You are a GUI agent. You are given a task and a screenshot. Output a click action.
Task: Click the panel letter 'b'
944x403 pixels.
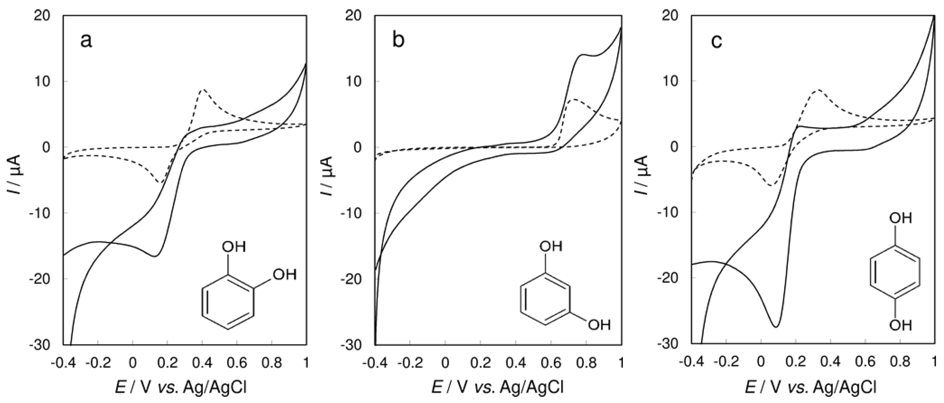pos(398,40)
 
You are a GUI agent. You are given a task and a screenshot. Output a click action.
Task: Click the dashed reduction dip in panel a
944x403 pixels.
pos(160,183)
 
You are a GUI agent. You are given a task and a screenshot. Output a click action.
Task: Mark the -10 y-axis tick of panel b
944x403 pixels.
pos(355,213)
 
